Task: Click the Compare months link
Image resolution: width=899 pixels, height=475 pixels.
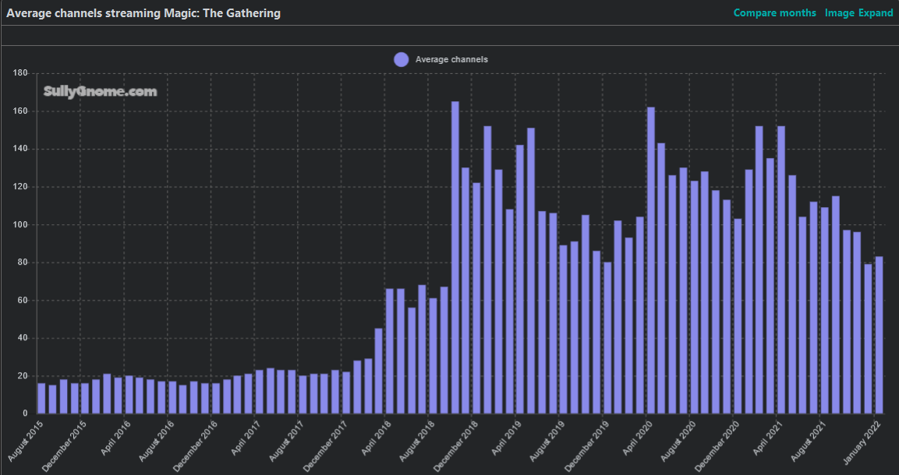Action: pos(774,13)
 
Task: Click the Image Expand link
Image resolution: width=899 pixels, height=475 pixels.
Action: pos(858,13)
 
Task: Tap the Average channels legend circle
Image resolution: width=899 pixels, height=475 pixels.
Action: pos(401,59)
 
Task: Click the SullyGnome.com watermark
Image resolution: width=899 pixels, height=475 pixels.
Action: pos(100,92)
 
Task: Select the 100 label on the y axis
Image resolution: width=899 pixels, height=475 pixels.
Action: pos(21,225)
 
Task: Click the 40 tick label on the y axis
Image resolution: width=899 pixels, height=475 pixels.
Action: pos(23,339)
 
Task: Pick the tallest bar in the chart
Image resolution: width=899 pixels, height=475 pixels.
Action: pos(455,257)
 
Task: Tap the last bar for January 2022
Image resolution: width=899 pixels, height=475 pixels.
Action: pos(879,335)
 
